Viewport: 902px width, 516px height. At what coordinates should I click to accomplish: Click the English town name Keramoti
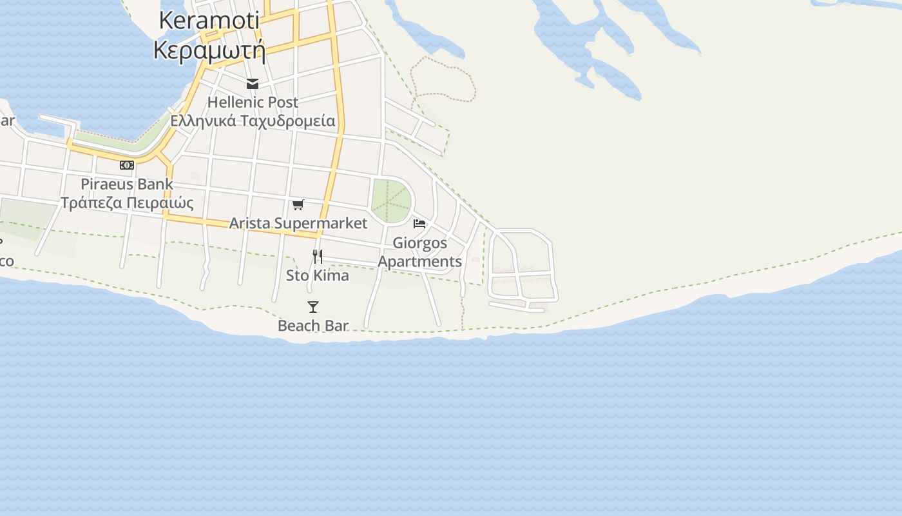(x=209, y=21)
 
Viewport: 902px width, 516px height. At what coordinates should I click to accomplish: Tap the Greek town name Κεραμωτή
(x=209, y=50)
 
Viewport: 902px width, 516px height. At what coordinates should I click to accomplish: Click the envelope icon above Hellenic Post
(x=252, y=84)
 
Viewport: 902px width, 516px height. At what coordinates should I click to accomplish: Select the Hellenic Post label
(x=253, y=102)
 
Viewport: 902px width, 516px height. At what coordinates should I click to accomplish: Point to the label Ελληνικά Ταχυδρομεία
(x=253, y=121)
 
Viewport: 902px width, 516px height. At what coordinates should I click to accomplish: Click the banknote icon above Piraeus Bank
(x=127, y=165)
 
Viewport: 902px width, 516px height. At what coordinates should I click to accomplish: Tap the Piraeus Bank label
(x=127, y=184)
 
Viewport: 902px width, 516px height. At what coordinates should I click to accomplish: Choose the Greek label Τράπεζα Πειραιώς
(x=127, y=203)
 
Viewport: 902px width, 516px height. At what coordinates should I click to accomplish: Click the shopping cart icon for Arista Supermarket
(x=298, y=205)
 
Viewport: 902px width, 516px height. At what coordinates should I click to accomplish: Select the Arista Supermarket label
(x=298, y=223)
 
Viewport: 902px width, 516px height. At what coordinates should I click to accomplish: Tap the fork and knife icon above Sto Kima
(x=317, y=257)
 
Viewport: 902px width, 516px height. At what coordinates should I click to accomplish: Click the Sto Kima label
(x=318, y=275)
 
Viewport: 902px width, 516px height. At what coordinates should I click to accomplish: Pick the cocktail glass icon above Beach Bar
(x=313, y=307)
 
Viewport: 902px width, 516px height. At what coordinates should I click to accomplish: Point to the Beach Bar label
(x=313, y=326)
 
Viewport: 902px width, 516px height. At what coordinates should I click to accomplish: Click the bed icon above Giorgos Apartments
(x=419, y=224)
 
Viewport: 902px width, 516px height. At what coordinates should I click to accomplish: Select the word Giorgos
(x=420, y=243)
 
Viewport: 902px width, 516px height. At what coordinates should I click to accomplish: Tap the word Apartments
(x=420, y=261)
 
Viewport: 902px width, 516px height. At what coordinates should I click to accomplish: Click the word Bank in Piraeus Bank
(x=155, y=184)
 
